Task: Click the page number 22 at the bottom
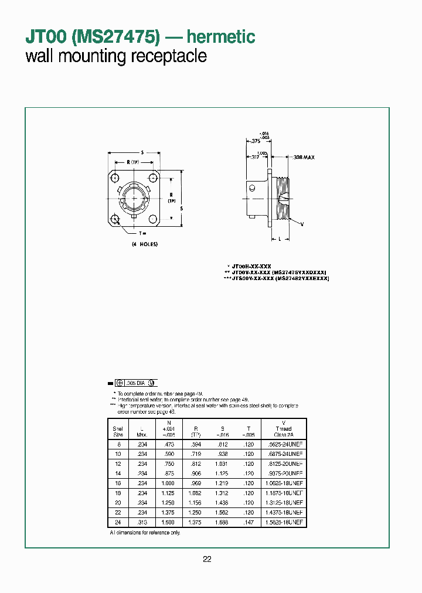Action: (x=207, y=559)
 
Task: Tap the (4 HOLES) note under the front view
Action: (x=144, y=244)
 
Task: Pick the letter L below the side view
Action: (x=280, y=238)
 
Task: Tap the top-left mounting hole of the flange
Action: (x=115, y=178)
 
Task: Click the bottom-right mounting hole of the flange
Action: (x=153, y=220)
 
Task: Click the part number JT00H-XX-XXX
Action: (x=250, y=265)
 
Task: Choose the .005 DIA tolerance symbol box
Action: (x=135, y=382)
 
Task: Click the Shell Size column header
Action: (x=118, y=431)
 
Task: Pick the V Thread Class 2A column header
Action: (x=284, y=428)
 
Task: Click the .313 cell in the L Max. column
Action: (x=142, y=522)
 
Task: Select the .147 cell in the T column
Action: (x=249, y=522)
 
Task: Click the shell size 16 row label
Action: (x=118, y=482)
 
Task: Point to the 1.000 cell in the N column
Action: (x=169, y=482)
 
